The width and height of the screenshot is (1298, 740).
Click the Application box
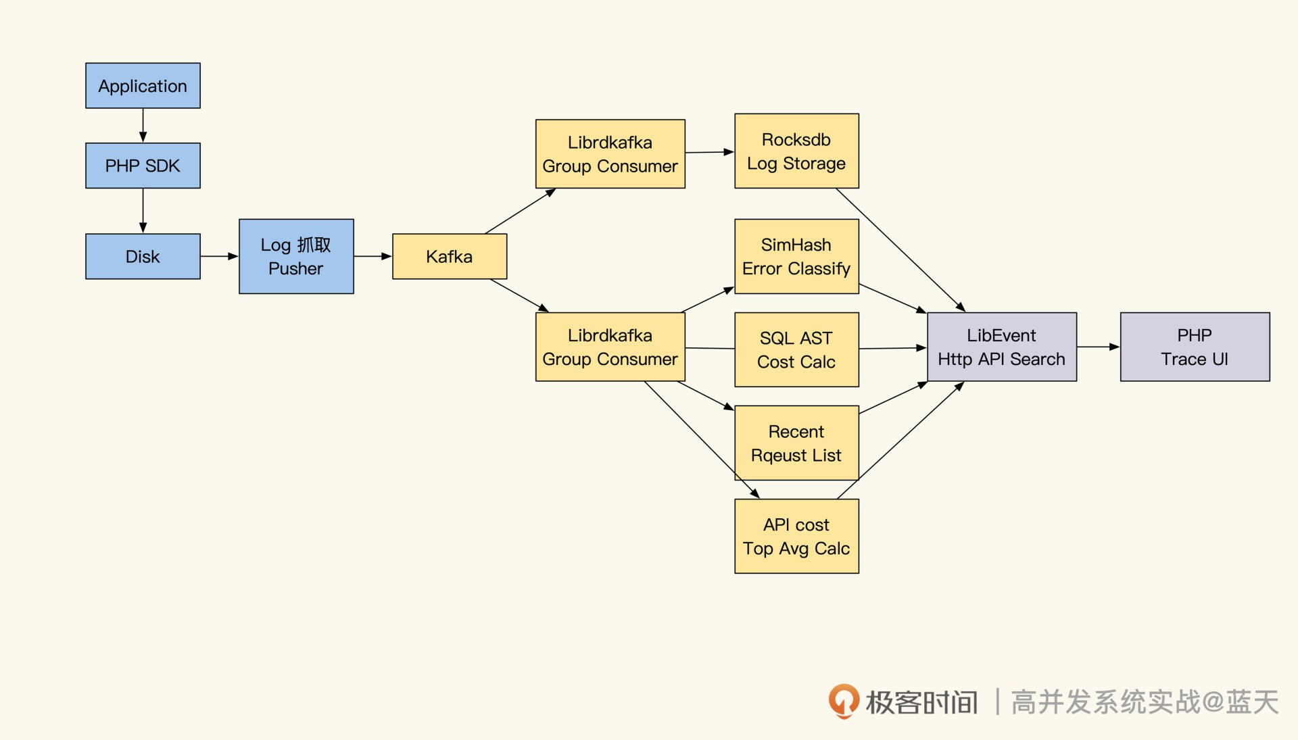point(143,86)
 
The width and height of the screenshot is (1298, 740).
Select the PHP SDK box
point(143,166)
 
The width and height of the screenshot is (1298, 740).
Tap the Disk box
point(143,256)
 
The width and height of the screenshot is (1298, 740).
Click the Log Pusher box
point(296,256)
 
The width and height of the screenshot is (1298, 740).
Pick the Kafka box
point(450,256)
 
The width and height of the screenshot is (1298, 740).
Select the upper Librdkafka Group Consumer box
point(610,154)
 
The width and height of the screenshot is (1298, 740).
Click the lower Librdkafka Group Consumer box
point(610,347)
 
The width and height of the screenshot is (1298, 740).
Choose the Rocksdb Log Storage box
point(796,151)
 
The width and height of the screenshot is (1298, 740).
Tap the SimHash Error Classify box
point(796,256)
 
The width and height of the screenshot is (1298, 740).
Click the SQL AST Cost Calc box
point(796,349)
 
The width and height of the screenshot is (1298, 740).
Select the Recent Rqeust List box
point(796,443)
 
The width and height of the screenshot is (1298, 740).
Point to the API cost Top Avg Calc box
point(796,536)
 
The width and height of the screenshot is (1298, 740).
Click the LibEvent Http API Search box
point(1001,347)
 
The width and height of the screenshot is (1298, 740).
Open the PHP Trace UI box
point(1195,347)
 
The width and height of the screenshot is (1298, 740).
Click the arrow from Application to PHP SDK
point(143,125)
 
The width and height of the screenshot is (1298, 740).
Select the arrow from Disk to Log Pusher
point(219,256)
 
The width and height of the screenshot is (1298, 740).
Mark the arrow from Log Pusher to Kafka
point(372,256)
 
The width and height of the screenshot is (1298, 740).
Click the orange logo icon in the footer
point(844,701)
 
